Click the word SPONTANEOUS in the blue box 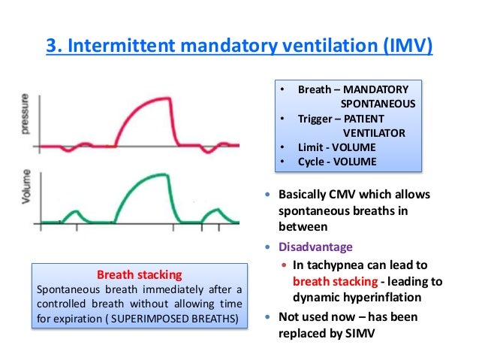376,104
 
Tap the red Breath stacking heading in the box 141,275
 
